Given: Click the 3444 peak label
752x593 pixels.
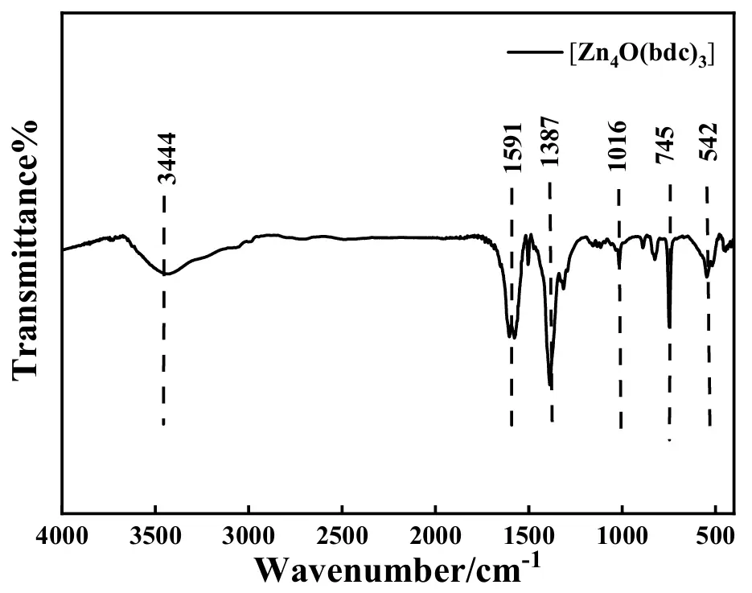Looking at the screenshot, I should [166, 159].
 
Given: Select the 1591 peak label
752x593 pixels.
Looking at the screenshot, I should [512, 149].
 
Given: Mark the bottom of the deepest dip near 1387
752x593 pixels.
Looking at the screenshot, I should [551, 387].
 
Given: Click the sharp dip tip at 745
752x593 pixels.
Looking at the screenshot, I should [669, 327].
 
